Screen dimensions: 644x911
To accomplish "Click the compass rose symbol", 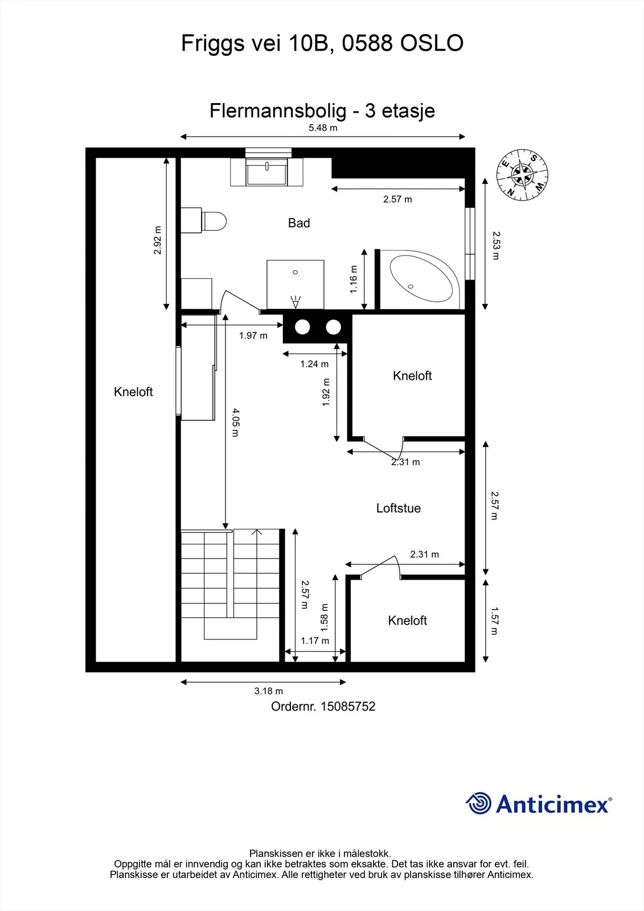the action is pyautogui.click(x=522, y=175).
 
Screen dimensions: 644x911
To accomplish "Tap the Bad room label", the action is pyautogui.click(x=299, y=223).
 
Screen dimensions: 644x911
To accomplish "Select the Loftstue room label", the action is pyautogui.click(x=398, y=508).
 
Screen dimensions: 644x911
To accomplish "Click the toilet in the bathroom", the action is pyautogui.click(x=203, y=221).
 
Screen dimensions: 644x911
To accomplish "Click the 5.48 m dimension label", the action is pyautogui.click(x=323, y=128).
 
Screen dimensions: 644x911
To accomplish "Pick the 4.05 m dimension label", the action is pyautogui.click(x=236, y=423).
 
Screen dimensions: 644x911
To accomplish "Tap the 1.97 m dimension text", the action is pyautogui.click(x=253, y=335).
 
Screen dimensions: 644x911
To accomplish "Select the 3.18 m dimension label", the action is pyautogui.click(x=269, y=691).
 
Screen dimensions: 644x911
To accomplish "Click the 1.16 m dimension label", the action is pyautogui.click(x=354, y=279).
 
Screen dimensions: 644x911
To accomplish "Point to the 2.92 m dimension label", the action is pyautogui.click(x=157, y=240).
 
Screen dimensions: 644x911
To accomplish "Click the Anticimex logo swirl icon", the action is pyautogui.click(x=478, y=803).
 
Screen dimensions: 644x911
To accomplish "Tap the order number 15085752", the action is pyautogui.click(x=348, y=707).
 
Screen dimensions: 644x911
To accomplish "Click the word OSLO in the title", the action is pyautogui.click(x=432, y=43).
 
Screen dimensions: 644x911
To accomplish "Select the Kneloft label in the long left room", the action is pyautogui.click(x=133, y=392).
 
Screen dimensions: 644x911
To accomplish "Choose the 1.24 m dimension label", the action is pyautogui.click(x=314, y=364).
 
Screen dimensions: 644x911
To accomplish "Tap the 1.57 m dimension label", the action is pyautogui.click(x=494, y=621).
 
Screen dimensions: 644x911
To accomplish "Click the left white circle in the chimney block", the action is pyautogui.click(x=302, y=327).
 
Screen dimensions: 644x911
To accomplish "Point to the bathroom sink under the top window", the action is pyautogui.click(x=266, y=171).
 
